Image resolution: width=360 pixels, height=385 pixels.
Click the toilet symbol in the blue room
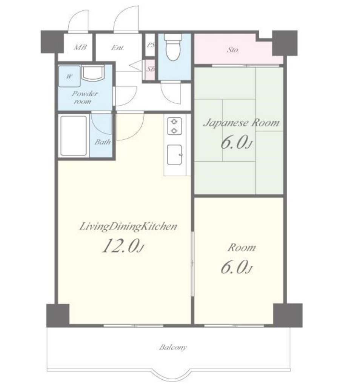point(173,47)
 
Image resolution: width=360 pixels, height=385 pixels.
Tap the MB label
point(80,47)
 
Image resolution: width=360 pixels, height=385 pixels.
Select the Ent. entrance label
point(117,48)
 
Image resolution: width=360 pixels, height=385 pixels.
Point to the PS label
point(151,45)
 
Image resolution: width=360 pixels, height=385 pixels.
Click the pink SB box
point(149,70)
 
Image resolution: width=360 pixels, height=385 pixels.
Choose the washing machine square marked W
point(69,76)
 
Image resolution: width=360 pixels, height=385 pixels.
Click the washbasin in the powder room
point(93,73)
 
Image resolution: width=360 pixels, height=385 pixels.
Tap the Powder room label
point(85,97)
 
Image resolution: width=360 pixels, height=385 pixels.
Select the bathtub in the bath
point(74,136)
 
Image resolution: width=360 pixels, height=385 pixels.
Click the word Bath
point(102,142)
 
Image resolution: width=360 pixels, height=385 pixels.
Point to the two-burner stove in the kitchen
point(174,126)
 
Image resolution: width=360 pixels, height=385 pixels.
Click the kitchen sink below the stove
point(175,155)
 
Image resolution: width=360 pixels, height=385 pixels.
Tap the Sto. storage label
point(232,50)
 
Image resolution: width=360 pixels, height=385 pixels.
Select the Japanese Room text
point(242,123)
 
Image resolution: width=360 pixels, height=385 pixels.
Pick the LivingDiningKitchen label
point(128,226)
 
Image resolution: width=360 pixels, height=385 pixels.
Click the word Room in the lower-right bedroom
point(242,248)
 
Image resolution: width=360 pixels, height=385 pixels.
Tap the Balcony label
point(173,347)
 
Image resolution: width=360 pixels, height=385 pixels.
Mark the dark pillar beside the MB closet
point(52,42)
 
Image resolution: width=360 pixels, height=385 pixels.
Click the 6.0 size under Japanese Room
point(236,143)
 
